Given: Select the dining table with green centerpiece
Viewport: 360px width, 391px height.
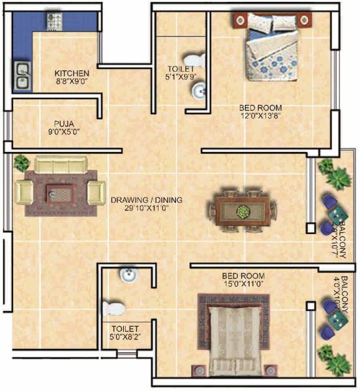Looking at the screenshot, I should pyautogui.click(x=242, y=211).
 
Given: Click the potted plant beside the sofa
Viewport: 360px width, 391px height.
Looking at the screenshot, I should pyautogui.click(x=21, y=162).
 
